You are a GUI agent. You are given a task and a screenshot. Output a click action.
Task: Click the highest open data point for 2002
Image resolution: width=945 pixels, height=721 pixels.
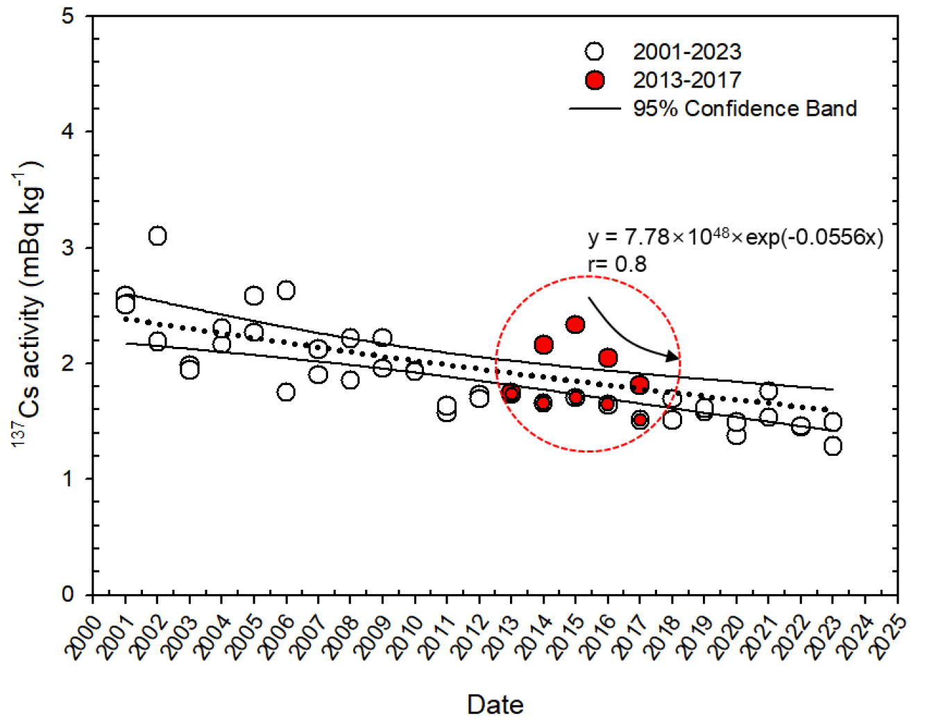[157, 236]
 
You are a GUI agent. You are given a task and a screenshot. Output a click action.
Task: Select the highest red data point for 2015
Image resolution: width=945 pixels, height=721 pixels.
[575, 324]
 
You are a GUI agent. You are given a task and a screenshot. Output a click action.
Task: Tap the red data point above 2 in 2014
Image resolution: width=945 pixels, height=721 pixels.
[543, 344]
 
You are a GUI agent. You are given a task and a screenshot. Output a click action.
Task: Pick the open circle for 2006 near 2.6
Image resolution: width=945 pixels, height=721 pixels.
[286, 290]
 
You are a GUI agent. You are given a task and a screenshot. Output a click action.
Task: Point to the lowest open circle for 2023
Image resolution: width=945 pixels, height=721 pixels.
[833, 446]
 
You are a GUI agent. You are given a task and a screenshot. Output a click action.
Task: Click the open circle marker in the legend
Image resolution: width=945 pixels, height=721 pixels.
[595, 51]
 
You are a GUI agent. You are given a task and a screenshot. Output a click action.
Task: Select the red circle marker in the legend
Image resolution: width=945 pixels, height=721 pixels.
[595, 80]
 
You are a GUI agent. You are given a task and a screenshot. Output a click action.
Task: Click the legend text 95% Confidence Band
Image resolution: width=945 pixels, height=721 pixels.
[744, 109]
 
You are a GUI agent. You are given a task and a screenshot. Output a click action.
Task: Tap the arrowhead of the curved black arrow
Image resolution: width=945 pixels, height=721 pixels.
[673, 357]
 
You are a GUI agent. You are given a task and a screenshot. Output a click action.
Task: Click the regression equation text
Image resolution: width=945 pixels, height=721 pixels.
[735, 237]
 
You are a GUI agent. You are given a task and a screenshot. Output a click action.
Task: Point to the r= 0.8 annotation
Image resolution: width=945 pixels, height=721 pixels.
[617, 264]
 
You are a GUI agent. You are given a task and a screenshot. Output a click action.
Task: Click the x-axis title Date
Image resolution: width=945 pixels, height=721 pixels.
[495, 704]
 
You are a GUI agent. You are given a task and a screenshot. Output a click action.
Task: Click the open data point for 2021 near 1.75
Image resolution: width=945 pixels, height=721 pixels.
[768, 391]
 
